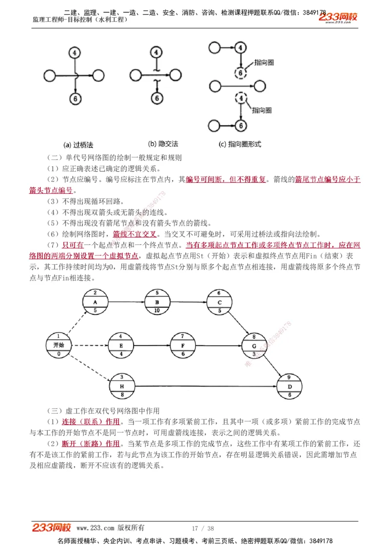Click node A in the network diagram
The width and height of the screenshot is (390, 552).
[96, 302]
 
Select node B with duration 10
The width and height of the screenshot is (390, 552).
[157, 302]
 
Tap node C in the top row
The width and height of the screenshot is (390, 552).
[219, 302]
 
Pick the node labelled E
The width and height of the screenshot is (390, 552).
[121, 345]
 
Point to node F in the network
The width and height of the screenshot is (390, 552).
[182, 345]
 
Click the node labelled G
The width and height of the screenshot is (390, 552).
[253, 345]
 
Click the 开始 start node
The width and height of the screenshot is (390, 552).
[58, 345]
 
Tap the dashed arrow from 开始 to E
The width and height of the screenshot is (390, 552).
[90, 345]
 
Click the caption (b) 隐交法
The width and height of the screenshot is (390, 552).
[163, 144]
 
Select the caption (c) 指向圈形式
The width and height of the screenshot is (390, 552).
[240, 144]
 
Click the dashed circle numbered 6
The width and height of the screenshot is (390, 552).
[240, 74]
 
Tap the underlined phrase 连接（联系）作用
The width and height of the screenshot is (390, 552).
[91, 421]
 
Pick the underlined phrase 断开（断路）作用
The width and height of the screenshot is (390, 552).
[91, 443]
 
